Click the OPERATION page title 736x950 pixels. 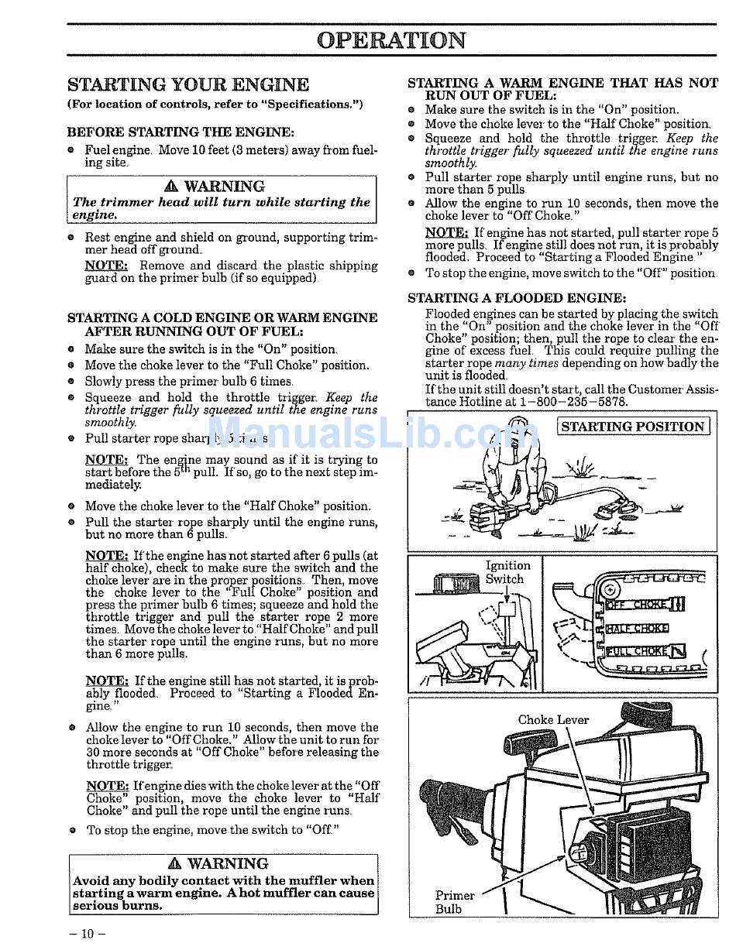[391, 40]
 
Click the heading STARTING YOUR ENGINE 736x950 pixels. [187, 84]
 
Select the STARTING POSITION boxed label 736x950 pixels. [633, 427]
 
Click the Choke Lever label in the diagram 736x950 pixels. [553, 720]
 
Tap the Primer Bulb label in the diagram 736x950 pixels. [455, 902]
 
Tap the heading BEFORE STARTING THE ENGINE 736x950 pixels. [181, 132]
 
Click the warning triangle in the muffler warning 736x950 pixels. [174, 864]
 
